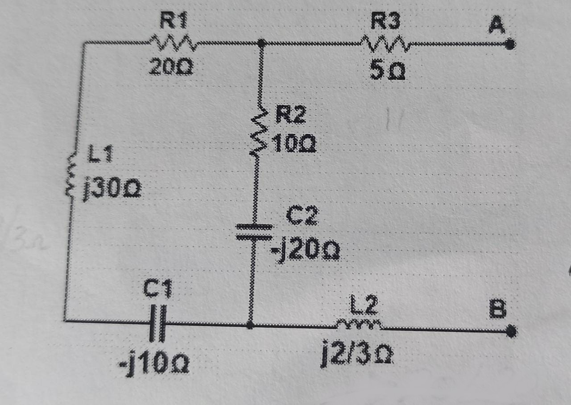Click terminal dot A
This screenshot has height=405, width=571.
(511, 44)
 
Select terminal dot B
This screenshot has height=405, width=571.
(511, 331)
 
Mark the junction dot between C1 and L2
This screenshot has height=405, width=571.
(250, 325)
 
